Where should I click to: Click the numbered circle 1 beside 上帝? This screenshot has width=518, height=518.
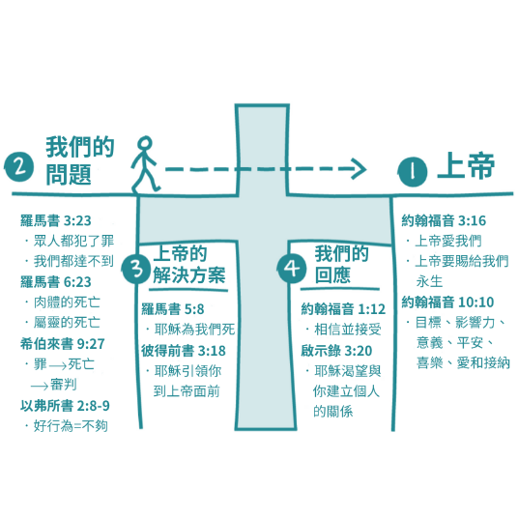click(x=413, y=172)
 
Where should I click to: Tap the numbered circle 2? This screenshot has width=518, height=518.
click(x=19, y=167)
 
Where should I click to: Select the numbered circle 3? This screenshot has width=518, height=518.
click(x=136, y=269)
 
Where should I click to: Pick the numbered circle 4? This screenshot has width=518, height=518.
click(x=292, y=269)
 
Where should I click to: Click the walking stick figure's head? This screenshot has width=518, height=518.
click(x=145, y=144)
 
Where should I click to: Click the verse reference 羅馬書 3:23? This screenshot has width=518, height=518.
click(x=55, y=220)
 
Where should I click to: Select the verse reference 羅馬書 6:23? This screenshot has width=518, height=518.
click(x=55, y=282)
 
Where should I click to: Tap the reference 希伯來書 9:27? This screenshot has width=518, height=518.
click(x=63, y=344)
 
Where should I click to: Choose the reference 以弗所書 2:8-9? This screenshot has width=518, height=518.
click(x=65, y=406)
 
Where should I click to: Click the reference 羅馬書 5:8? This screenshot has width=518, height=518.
click(x=173, y=309)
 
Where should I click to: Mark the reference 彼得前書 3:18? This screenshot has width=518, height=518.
click(x=184, y=351)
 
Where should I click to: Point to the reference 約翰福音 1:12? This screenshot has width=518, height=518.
click(x=343, y=309)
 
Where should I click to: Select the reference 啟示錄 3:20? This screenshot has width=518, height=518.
click(x=336, y=351)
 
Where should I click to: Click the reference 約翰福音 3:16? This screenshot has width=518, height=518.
click(x=444, y=220)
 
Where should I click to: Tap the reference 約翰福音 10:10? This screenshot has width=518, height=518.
click(x=447, y=302)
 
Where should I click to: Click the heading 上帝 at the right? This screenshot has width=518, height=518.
click(x=466, y=166)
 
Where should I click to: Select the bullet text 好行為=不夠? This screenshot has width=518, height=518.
click(x=71, y=426)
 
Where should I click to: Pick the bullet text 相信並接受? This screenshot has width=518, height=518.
click(x=348, y=330)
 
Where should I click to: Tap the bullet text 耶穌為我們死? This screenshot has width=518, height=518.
click(x=194, y=330)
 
